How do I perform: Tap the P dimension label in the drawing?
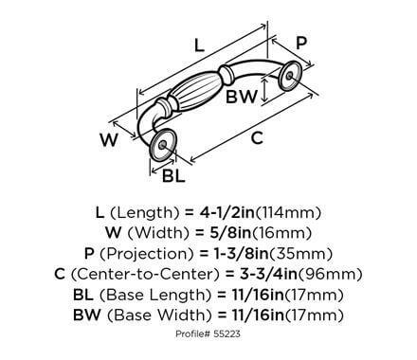pyautogui.click(x=302, y=43)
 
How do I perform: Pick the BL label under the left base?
pyautogui.click(x=173, y=175)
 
